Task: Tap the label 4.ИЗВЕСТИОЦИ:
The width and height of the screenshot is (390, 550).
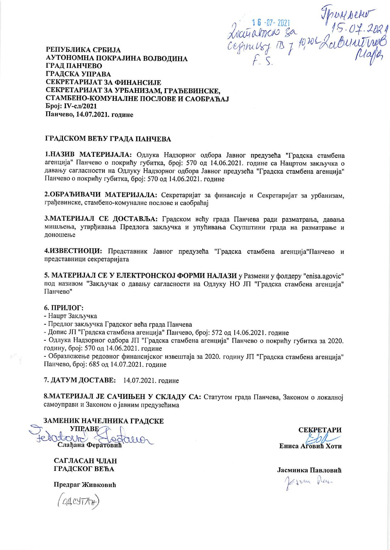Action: [x=73, y=251]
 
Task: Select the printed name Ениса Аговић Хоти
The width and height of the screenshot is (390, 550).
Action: [x=310, y=446]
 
